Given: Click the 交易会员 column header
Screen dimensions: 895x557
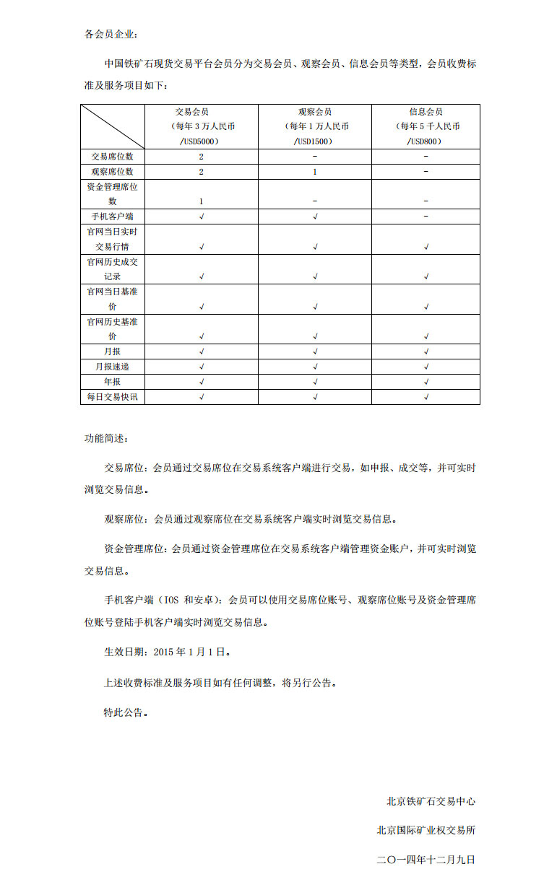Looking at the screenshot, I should [x=202, y=112].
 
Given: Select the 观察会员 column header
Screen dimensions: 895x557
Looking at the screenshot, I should [x=315, y=112].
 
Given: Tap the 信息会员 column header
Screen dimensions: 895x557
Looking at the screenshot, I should [x=426, y=112].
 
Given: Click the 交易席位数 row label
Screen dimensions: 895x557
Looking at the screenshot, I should [x=113, y=157].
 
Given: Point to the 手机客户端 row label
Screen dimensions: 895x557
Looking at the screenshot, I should [x=113, y=217].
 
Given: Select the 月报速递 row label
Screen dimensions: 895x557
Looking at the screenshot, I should [x=113, y=367].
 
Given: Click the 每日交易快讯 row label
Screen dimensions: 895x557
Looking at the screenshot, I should [x=113, y=397].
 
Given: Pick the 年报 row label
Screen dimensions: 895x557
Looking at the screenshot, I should [x=113, y=382].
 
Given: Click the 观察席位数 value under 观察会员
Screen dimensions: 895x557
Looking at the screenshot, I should [x=315, y=172].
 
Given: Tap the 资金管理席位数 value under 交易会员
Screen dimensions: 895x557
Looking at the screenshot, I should [x=202, y=201].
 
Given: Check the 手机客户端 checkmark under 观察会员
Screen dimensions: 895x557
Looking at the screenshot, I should [x=315, y=217].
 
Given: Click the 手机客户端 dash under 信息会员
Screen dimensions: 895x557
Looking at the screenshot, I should [x=426, y=217].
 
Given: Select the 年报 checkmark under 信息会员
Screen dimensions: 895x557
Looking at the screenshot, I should [x=426, y=382].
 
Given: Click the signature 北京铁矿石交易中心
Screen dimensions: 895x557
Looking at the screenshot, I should [x=431, y=801].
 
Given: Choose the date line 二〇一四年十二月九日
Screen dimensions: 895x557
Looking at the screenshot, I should [x=426, y=860].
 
